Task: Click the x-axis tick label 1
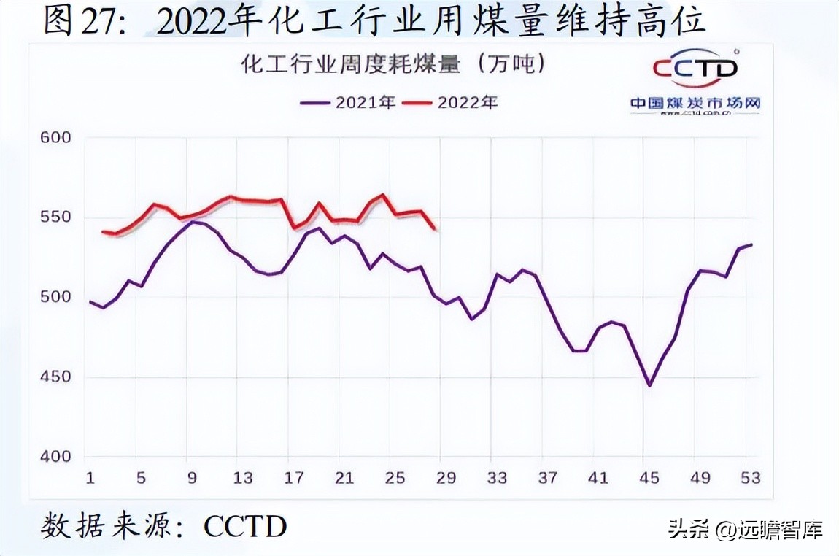[90, 478]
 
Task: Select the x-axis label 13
[242, 478]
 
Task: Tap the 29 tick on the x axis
[446, 478]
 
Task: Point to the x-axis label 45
[649, 478]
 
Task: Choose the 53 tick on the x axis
[751, 478]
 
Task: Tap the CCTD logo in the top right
[695, 68]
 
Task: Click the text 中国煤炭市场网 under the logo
[695, 103]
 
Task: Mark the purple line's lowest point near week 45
[649, 385]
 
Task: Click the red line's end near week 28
[436, 229]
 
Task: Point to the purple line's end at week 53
[751, 244]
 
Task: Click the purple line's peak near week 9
[192, 222]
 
